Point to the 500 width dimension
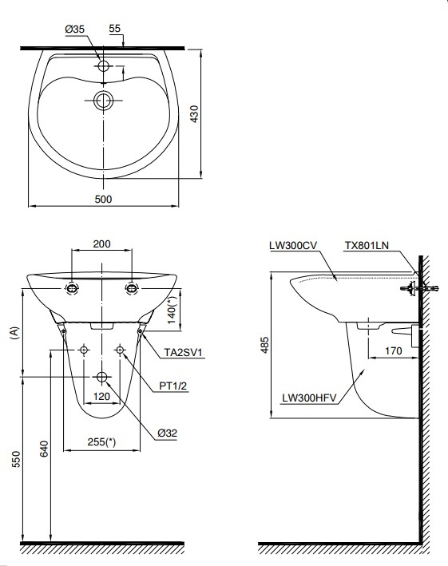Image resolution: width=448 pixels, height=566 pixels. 102,198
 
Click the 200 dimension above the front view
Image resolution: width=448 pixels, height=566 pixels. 101,244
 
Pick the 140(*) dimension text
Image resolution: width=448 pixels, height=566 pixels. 171,308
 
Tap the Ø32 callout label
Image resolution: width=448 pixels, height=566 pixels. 166,432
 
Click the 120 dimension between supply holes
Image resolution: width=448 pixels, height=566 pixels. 101,396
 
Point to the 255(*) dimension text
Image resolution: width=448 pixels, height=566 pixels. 101,442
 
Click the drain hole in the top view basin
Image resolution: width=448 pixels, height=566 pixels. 102,101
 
